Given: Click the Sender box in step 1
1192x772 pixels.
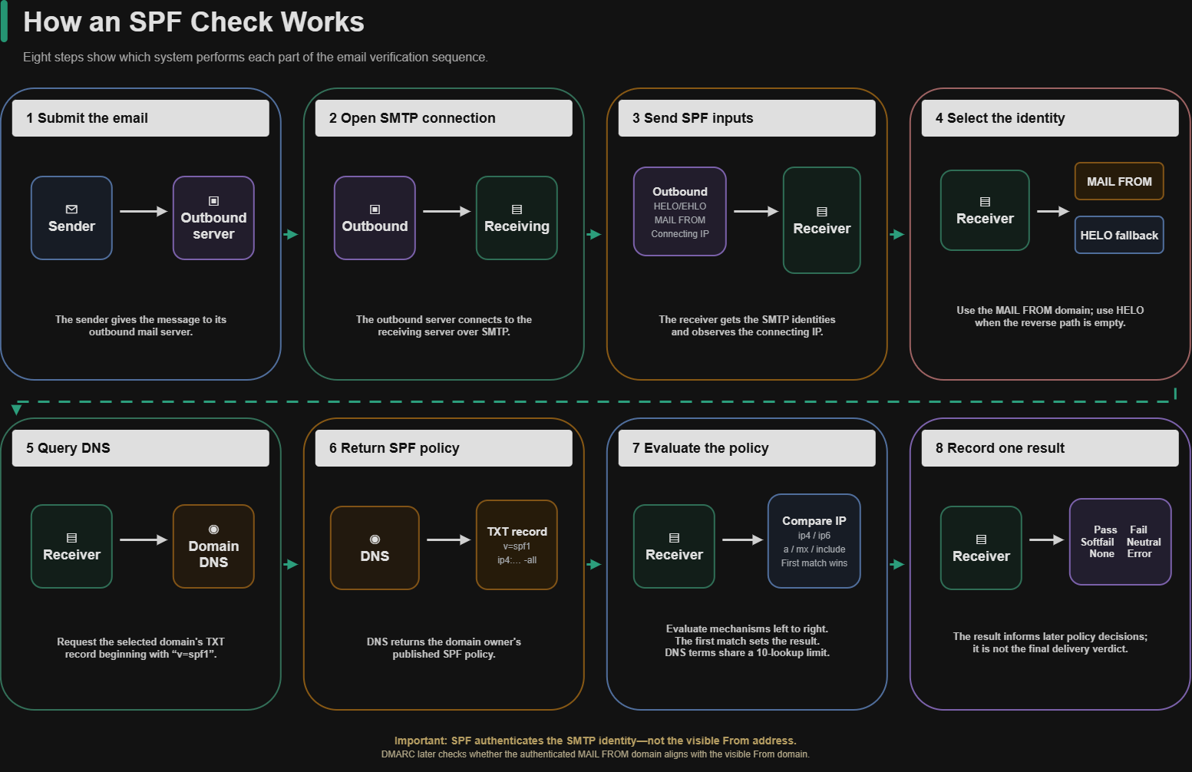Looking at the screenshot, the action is click(x=71, y=218).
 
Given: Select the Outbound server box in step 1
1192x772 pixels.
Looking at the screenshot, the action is click(x=213, y=218).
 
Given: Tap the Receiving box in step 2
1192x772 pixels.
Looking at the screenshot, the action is click(x=517, y=218).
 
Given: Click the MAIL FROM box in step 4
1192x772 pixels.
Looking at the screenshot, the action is click(x=1119, y=181).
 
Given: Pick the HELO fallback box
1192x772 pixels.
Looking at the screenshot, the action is click(x=1119, y=235).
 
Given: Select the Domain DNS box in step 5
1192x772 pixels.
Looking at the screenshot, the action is click(x=213, y=546).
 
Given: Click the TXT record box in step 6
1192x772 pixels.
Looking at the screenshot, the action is click(x=517, y=545).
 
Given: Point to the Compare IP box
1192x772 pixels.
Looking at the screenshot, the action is click(x=814, y=541).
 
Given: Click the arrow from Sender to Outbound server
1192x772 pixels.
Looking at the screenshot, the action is click(x=144, y=211).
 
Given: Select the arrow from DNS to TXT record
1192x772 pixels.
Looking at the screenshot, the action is click(x=448, y=540).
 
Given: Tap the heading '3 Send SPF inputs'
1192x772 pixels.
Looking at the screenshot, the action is click(x=692, y=118).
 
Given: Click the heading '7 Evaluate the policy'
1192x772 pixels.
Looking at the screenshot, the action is click(x=700, y=448).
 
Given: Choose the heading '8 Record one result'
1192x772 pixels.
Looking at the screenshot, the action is click(x=1000, y=448).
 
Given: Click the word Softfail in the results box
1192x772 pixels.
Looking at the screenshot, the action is click(x=1097, y=542).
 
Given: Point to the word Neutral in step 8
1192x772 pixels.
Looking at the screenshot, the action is click(x=1144, y=542).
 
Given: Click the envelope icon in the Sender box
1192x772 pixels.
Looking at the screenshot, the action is click(x=71, y=209).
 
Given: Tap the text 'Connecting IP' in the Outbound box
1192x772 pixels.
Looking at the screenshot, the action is click(x=679, y=233).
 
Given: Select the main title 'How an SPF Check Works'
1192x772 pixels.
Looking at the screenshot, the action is click(x=193, y=21).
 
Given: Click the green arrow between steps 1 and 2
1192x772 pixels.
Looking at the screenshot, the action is click(x=291, y=234).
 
